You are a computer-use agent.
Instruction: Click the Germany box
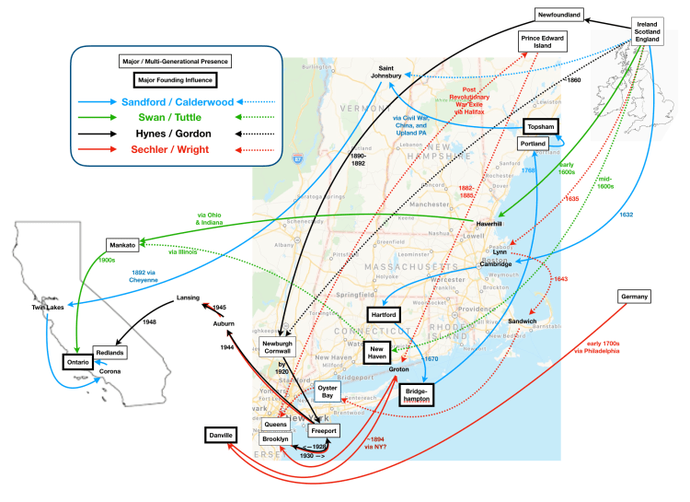click(635, 297)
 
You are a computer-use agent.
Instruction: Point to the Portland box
click(533, 145)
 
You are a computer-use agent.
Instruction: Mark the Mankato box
click(121, 246)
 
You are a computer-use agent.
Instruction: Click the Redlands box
click(109, 353)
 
